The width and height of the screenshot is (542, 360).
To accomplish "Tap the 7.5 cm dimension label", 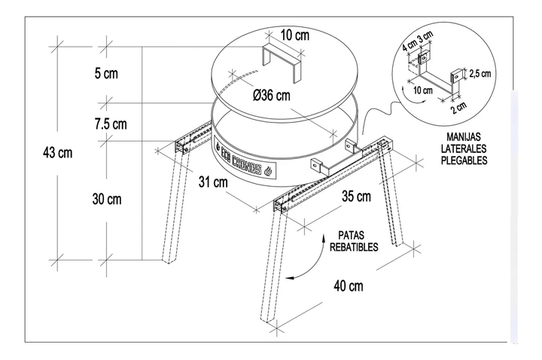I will pos(111,122).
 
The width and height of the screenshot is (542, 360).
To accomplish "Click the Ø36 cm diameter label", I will pos(272,96).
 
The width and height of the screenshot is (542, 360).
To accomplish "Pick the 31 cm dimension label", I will pos(214,182).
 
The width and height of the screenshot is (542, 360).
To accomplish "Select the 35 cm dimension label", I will pos(356,197).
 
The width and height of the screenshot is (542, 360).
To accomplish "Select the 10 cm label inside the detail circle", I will pos(423,90).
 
